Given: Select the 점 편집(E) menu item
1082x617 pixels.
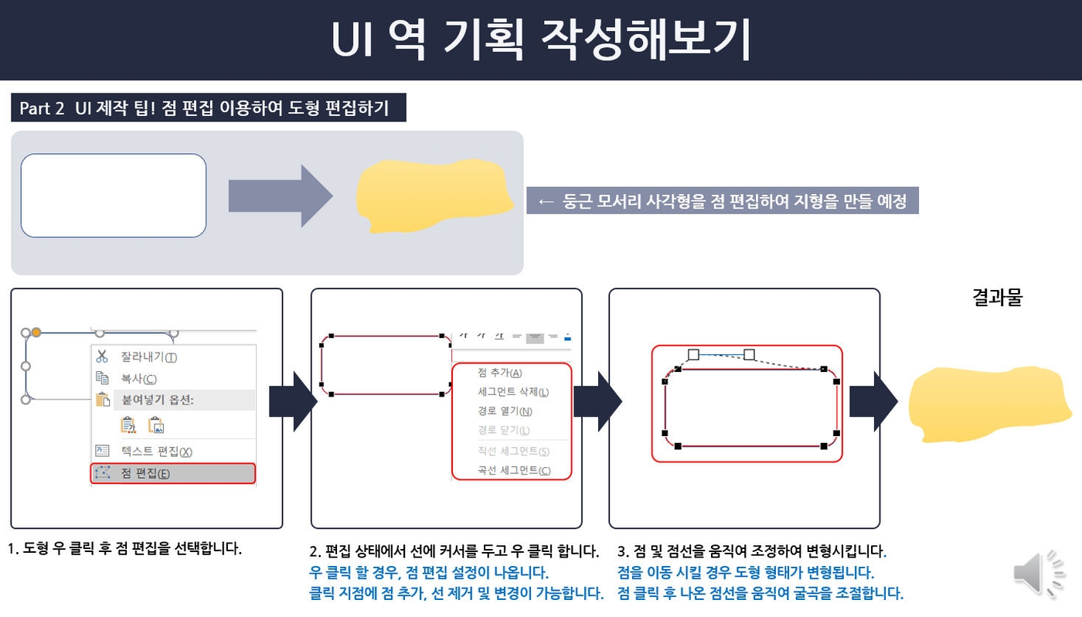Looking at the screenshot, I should pyautogui.click(x=145, y=473).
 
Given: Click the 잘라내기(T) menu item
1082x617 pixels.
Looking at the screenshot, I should pyautogui.click(x=148, y=357).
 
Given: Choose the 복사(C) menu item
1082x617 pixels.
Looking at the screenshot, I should pyautogui.click(x=138, y=379).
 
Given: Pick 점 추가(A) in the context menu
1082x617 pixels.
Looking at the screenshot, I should pyautogui.click(x=500, y=373).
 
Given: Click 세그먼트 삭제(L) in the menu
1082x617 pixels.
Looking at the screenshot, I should pyautogui.click(x=513, y=392).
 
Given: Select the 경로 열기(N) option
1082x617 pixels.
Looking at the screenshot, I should pyautogui.click(x=505, y=411).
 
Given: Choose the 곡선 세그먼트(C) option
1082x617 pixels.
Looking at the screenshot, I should pyautogui.click(x=514, y=470).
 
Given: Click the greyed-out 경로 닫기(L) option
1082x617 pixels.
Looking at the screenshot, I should pyautogui.click(x=504, y=431).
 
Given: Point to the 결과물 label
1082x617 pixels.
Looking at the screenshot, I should pyautogui.click(x=997, y=298).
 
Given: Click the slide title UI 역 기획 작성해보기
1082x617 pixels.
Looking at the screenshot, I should pyautogui.click(x=541, y=39).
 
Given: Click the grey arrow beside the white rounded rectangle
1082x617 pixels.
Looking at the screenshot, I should pyautogui.click(x=280, y=196).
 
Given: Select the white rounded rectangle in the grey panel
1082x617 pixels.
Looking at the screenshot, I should pyautogui.click(x=114, y=196).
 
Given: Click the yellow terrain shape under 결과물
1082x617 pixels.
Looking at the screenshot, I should pyautogui.click(x=989, y=404).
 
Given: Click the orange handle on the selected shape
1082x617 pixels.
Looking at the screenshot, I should pyautogui.click(x=36, y=332).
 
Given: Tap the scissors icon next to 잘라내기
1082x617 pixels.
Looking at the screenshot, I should pyautogui.click(x=101, y=356).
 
